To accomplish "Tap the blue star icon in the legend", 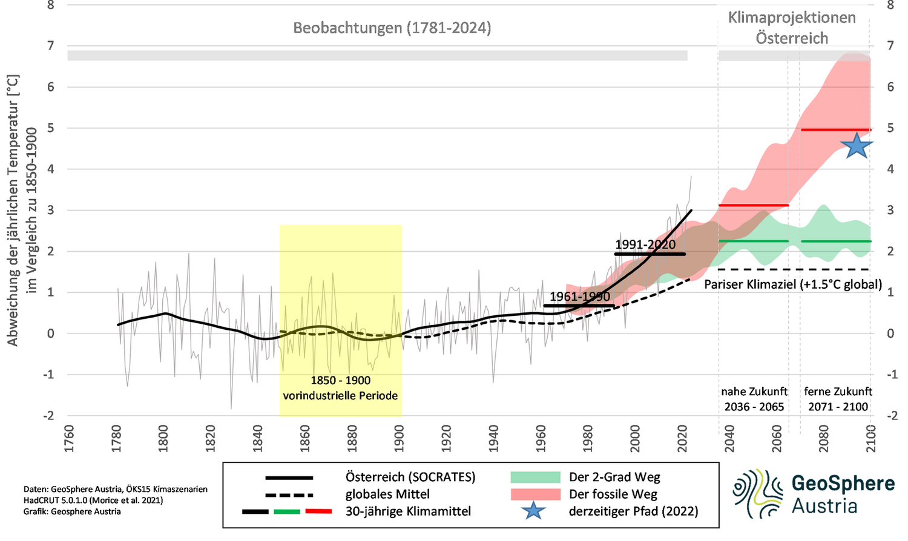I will click(533, 511).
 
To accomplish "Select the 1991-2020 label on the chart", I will click(645, 244).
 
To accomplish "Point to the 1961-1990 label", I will click(580, 297).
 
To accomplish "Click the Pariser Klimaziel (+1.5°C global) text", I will click(793, 284).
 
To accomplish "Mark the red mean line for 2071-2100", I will click(835, 130).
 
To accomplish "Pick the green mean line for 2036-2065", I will click(754, 241).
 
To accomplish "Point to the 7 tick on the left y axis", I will click(51, 46).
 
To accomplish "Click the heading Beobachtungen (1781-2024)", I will click(392, 28).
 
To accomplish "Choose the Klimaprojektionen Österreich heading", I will click(792, 28).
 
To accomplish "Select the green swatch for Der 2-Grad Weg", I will click(535, 477).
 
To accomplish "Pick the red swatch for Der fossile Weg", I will click(535, 494).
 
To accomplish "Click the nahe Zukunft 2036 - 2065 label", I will click(754, 399).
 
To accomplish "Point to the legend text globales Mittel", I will click(387, 494).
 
